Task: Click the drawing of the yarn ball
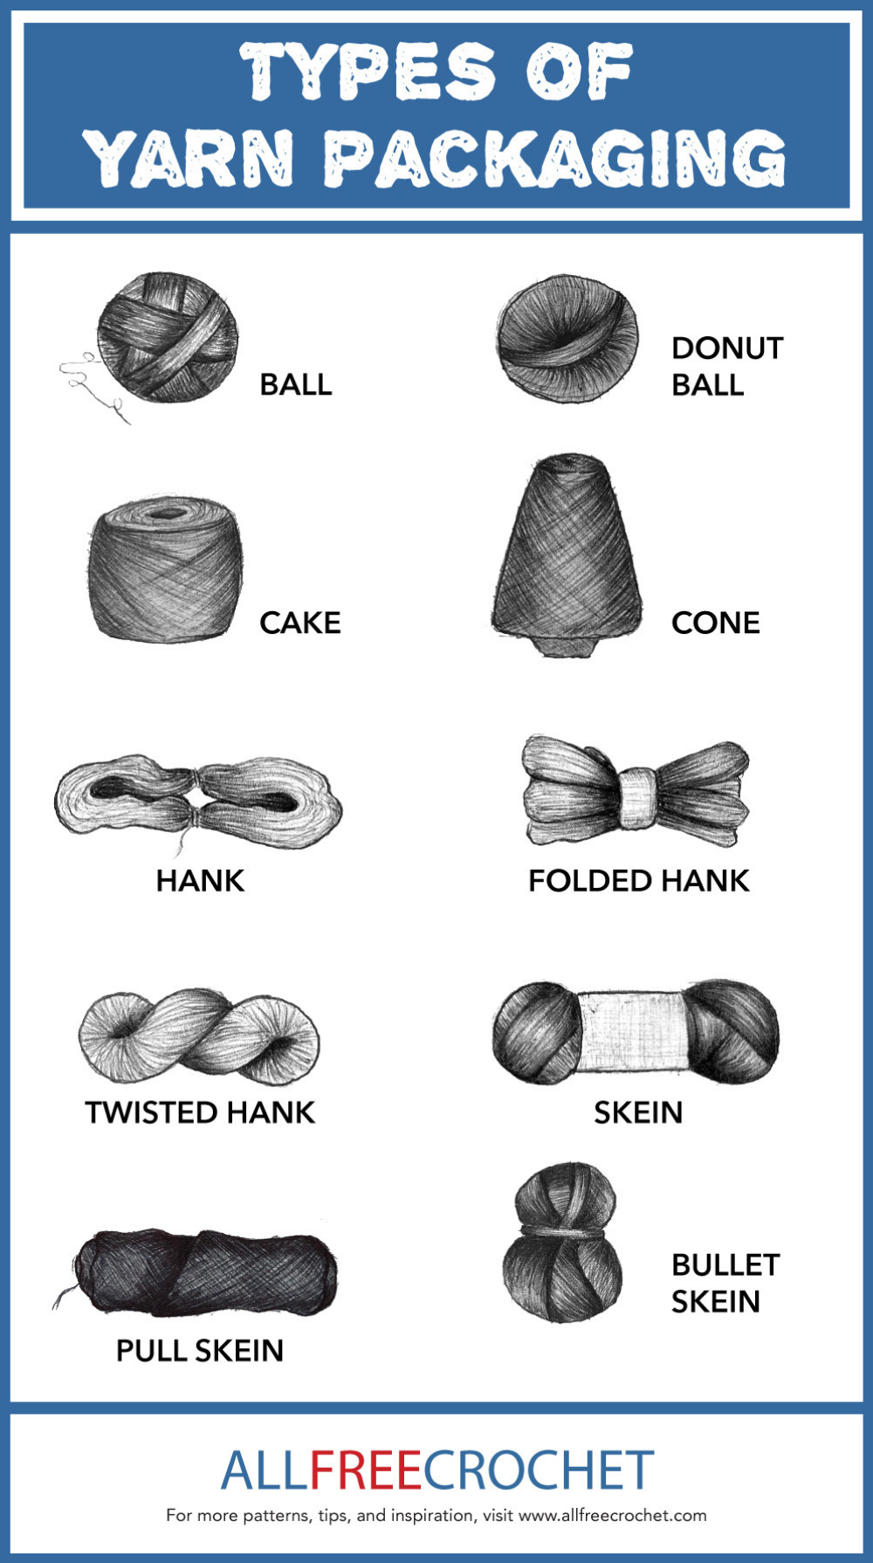pos(167,338)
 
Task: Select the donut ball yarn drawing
pos(567,339)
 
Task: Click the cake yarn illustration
pos(165,568)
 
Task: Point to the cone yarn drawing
pos(567,555)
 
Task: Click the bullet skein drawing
pos(563,1242)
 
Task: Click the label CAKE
pos(299,623)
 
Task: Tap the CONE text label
pos(715,623)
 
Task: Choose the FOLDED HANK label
pos(638,880)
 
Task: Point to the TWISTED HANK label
pos(200,1112)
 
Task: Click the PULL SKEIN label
pos(200,1351)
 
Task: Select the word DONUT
pos(727,348)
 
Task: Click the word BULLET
pos(725,1264)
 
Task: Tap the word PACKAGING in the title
pos(555,158)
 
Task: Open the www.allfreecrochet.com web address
pos(613,1516)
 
